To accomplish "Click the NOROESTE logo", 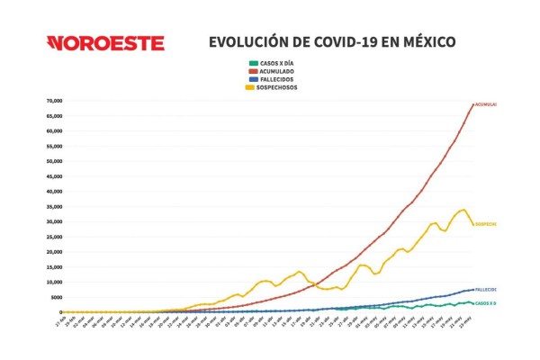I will (106, 43).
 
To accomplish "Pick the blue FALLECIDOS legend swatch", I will (252, 79).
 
